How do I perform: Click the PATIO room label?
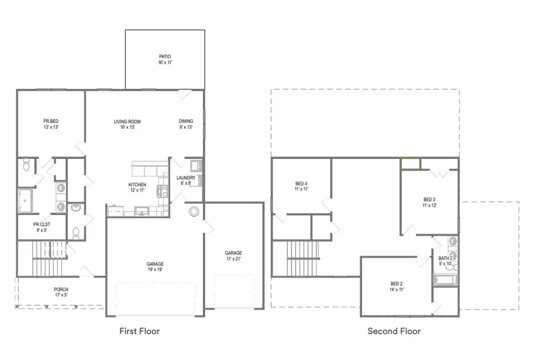click(x=165, y=56)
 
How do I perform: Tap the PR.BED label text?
click(x=51, y=121)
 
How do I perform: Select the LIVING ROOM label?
click(x=127, y=122)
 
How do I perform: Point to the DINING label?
click(x=186, y=121)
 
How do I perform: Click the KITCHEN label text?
click(x=137, y=185)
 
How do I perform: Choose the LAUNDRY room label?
click(x=186, y=178)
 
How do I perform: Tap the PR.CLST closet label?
click(x=42, y=224)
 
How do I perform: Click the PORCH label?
click(x=61, y=289)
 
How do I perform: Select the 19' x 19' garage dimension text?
click(x=155, y=269)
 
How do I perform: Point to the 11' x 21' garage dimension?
click(x=233, y=258)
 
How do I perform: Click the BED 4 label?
click(x=302, y=184)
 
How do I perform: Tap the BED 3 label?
click(x=430, y=199)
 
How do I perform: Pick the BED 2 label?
click(x=396, y=284)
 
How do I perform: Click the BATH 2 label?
click(x=445, y=258)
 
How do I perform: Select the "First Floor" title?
click(x=139, y=331)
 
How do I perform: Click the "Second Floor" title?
click(x=394, y=331)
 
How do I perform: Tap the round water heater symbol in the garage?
click(x=194, y=212)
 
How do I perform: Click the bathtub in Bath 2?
click(x=445, y=279)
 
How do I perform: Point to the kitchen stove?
click(x=163, y=191)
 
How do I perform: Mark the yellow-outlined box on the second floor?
click(x=411, y=164)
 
